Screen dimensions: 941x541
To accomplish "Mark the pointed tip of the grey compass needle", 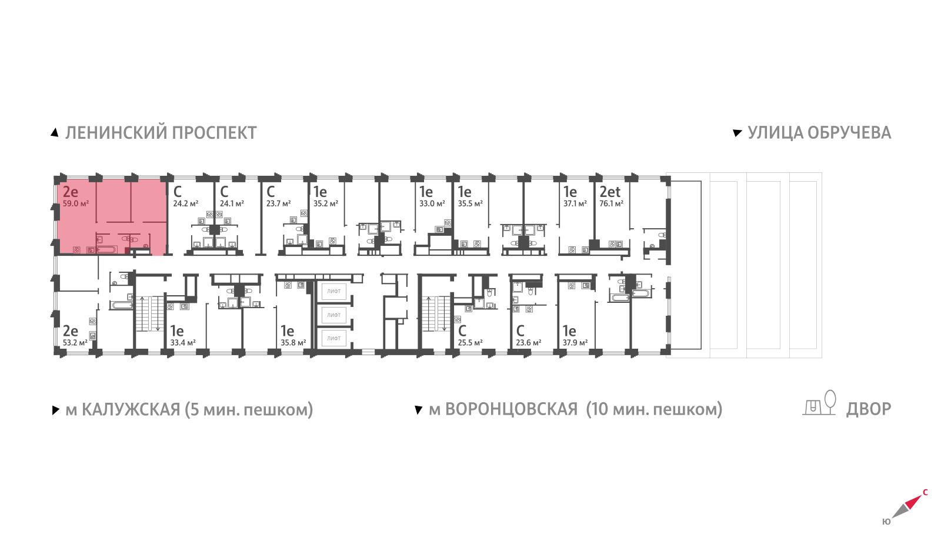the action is coord(892,518).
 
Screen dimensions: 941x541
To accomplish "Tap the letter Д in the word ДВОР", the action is coord(853,409).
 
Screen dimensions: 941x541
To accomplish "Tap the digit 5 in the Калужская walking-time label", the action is coord(195,409).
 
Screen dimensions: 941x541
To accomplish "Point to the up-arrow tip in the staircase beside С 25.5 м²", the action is coord(429,298).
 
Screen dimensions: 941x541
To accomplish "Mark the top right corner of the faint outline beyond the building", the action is coord(822,173).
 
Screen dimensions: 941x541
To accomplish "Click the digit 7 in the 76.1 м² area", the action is coord(602,203).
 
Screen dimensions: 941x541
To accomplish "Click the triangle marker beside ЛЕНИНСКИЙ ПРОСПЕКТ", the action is coord(55,133).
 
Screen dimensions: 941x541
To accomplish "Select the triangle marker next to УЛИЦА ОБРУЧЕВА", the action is coord(737,133).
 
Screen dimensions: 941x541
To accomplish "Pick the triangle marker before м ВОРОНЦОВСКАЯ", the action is coord(418,410).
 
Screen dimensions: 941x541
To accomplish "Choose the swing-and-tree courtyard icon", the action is coord(819,403).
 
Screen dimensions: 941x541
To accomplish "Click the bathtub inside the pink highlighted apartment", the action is coord(106,250).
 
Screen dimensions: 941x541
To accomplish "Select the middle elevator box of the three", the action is coord(334,315).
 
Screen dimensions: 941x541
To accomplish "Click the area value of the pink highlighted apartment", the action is coord(76,203).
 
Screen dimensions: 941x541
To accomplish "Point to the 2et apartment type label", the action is coord(609,192).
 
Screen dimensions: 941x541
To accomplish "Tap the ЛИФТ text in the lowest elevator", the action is coord(334,338).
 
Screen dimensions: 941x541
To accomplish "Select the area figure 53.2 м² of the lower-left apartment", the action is coord(75,343).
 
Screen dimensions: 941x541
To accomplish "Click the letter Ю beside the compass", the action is coord(886,522).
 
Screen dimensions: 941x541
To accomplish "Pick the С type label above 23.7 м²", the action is coord(271,192).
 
